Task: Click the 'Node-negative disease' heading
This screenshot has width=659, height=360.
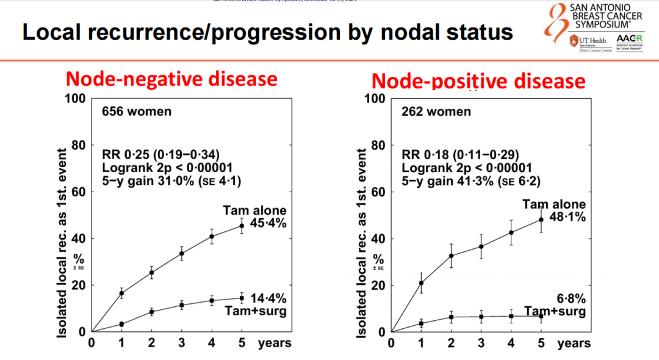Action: point(171,79)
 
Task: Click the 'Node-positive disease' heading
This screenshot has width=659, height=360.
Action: point(478,81)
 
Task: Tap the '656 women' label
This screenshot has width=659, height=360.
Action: point(136,112)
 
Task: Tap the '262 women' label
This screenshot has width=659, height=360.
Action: point(436,112)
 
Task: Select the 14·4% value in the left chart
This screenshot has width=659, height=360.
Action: point(268,298)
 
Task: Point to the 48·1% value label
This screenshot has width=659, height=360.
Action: point(567,217)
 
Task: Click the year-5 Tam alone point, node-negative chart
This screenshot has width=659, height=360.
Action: point(242,226)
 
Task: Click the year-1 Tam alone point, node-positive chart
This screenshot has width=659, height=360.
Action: point(421,283)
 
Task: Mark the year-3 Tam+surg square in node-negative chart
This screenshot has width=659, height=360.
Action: point(181,305)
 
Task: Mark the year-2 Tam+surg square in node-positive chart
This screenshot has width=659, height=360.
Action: point(451,317)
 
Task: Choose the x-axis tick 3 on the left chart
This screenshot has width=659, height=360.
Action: point(181,343)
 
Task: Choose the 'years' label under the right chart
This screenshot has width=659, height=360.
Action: point(574,344)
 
